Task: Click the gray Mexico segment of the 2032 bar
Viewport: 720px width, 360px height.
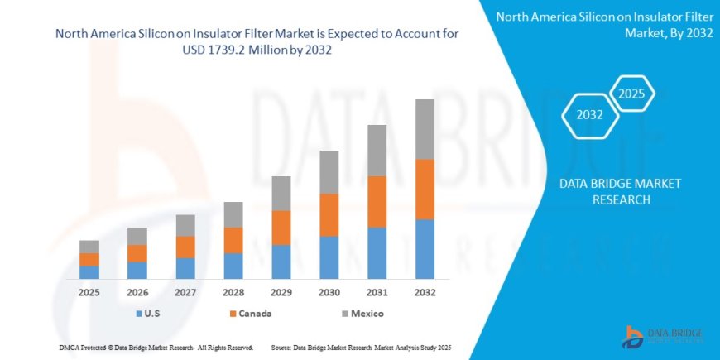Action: [x=425, y=129]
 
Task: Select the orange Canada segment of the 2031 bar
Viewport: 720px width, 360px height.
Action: [x=377, y=201]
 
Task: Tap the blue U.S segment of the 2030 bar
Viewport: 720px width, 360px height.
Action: [x=329, y=257]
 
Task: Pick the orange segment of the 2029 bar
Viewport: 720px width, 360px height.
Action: [x=281, y=228]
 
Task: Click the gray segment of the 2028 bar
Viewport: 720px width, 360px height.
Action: [x=233, y=214]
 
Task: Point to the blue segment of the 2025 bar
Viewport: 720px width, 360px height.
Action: [x=89, y=271]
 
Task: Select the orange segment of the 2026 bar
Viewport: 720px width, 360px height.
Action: [x=137, y=253]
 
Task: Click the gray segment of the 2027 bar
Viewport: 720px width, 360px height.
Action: [x=185, y=225]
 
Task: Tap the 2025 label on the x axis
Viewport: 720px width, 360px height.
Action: [x=89, y=292]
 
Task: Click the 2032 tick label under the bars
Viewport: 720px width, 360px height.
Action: [x=425, y=292]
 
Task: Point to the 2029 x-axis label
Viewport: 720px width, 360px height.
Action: [x=281, y=292]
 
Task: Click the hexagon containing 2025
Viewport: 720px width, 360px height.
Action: [x=631, y=92]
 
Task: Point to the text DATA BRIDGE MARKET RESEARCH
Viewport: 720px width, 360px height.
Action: [x=620, y=191]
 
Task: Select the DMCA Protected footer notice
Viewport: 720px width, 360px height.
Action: [x=156, y=348]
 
